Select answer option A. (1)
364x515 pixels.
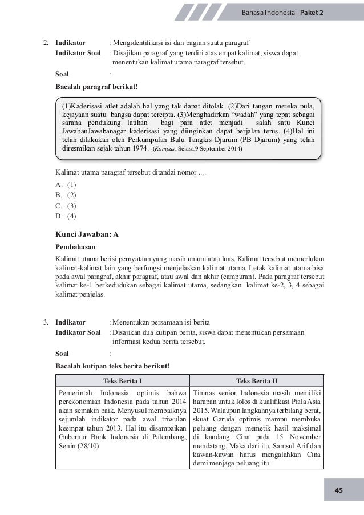pos(66,185)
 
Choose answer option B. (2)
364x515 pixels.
pos(66,195)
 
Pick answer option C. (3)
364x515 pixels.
pos(66,205)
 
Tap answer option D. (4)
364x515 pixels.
pos(66,216)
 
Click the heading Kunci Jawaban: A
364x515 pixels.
pos(87,234)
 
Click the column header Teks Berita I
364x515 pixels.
pos(122,381)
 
